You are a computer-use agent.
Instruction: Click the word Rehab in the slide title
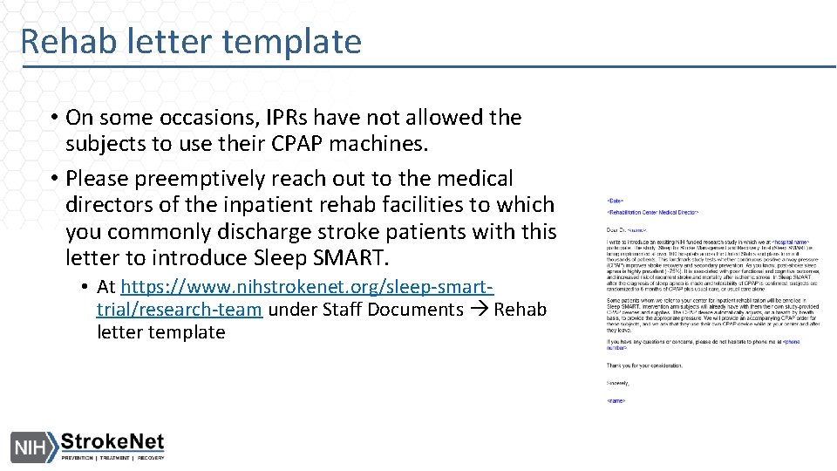click(65, 42)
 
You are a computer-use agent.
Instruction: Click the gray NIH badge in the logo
click(31, 448)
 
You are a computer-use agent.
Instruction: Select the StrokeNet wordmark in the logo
click(112, 442)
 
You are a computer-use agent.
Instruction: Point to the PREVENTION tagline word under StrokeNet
click(79, 458)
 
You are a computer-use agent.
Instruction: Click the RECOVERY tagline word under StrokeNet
click(149, 458)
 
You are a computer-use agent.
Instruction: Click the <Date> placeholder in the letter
click(616, 201)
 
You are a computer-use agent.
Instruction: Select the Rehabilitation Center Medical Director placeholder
click(652, 212)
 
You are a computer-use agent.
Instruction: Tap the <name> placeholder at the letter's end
click(616, 400)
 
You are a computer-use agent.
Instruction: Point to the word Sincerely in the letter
click(618, 383)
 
